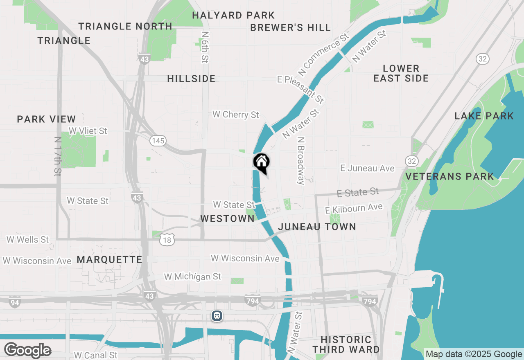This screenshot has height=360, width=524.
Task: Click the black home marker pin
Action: click(x=261, y=162)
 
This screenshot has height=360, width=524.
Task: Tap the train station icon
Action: click(x=217, y=316)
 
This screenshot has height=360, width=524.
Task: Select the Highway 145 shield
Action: click(x=158, y=141)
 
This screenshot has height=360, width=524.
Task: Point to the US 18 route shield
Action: click(x=167, y=240)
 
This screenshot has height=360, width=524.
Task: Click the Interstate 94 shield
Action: click(x=14, y=303)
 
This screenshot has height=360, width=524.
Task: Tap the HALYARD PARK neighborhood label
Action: click(x=233, y=16)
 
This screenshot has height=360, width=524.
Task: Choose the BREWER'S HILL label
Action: click(x=290, y=27)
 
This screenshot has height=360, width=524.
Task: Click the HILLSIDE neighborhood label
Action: click(x=191, y=79)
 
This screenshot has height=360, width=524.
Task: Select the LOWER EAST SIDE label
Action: click(x=401, y=73)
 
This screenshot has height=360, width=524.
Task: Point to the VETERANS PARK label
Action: click(x=449, y=177)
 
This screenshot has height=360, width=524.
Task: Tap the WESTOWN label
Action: click(x=227, y=218)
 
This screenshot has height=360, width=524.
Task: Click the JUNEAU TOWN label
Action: click(x=317, y=227)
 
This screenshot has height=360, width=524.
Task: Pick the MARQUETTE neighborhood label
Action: click(x=109, y=259)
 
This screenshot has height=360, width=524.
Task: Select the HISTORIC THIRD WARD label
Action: click(x=346, y=344)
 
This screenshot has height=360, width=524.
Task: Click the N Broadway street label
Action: click(x=301, y=160)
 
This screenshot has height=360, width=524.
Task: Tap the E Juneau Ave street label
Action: click(x=367, y=168)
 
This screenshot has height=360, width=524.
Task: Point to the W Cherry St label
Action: click(x=235, y=115)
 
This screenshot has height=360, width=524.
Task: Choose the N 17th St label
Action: click(x=57, y=156)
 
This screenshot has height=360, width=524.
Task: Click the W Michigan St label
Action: click(x=192, y=277)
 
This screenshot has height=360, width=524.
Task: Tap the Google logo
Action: click(x=27, y=350)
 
